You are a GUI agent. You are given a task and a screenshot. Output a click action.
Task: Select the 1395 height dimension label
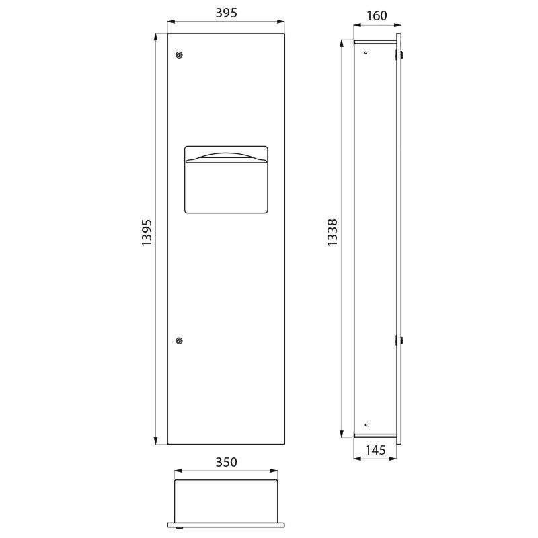pyautogui.click(x=147, y=233)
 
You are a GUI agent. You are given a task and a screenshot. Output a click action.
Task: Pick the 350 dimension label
pyautogui.click(x=226, y=463)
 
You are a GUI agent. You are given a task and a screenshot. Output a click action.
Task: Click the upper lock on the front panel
pyautogui.click(x=178, y=54)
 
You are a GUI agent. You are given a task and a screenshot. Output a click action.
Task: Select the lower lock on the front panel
pyautogui.click(x=178, y=341)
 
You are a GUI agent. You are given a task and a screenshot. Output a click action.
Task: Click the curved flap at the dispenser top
pyautogui.click(x=226, y=157)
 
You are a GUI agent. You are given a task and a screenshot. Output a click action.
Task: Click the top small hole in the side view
pyautogui.click(x=365, y=52)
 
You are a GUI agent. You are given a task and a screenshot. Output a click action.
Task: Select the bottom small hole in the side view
pyautogui.click(x=365, y=425)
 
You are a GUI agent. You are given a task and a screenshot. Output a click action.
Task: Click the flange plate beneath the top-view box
pyautogui.click(x=226, y=523)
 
